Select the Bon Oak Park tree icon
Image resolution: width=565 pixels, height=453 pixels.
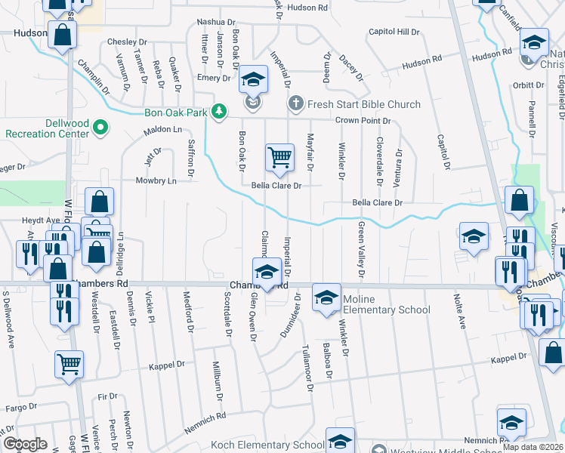[219, 112]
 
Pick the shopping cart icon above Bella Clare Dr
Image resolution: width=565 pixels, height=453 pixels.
[279, 157]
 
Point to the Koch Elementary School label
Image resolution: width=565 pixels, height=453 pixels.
[282, 445]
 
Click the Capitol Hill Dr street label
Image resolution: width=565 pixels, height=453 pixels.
[394, 32]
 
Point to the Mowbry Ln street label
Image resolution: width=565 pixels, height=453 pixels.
[156, 181]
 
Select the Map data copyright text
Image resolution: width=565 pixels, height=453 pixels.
[533, 447]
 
